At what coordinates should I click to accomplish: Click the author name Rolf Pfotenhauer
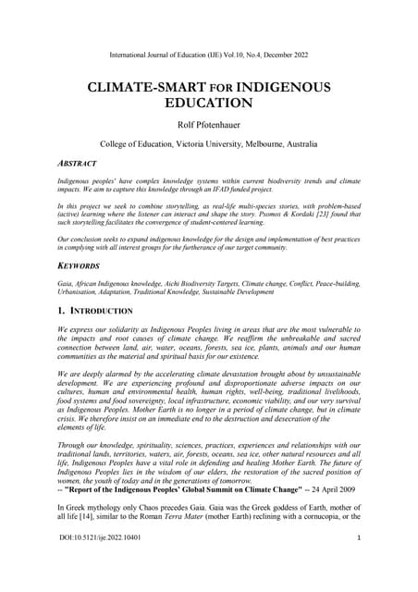click(x=209, y=125)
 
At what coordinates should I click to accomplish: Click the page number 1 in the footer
click(x=357, y=563)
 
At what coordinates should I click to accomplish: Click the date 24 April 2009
click(x=337, y=488)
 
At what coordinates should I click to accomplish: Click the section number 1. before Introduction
click(x=63, y=311)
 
